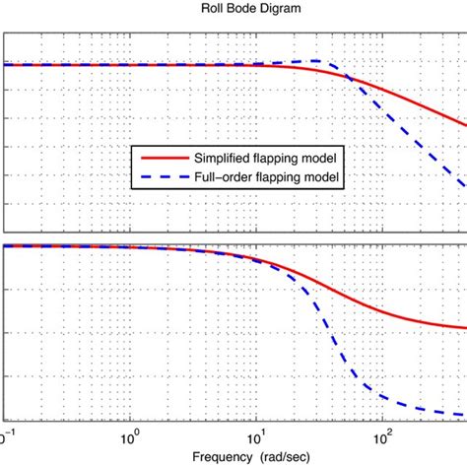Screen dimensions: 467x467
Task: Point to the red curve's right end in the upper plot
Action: pos(465,125)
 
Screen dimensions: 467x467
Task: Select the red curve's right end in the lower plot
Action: pos(465,328)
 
